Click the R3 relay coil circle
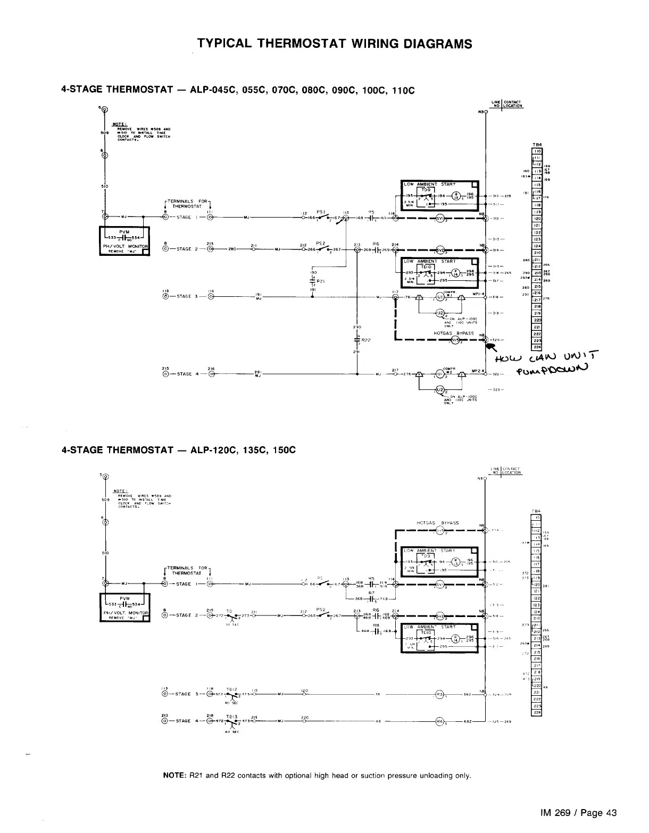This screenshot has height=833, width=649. [x=439, y=695]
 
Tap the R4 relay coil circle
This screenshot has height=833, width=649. [x=439, y=722]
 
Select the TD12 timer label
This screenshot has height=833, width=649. [x=230, y=688]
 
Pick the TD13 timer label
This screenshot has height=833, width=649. [x=230, y=715]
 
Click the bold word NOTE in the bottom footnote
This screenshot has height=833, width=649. [x=173, y=775]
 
